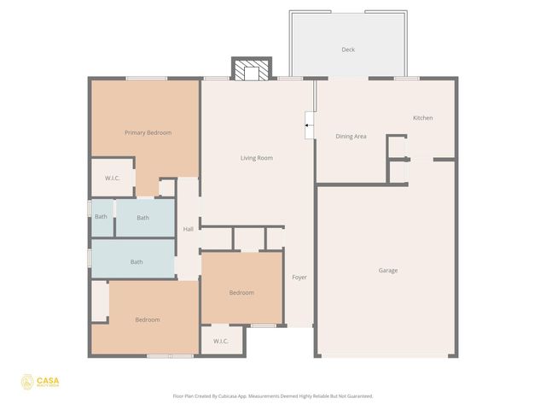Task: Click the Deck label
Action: coord(348,50)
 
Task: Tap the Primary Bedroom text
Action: coord(148,132)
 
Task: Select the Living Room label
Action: coord(256,158)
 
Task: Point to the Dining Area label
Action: coord(351,136)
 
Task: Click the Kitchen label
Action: coord(423,118)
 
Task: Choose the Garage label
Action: coord(388,271)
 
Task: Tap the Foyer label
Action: coord(299,278)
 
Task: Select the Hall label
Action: coord(189,229)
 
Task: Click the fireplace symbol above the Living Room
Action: coord(251,70)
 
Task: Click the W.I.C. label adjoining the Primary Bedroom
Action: coord(112,178)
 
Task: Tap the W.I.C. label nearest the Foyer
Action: coord(220,341)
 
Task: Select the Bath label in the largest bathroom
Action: coord(136,262)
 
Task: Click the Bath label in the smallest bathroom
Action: coord(101,217)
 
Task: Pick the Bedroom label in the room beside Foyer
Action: coord(241,293)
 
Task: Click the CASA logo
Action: coord(39,382)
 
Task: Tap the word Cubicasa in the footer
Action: coord(226,396)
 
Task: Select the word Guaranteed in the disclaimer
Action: coord(357,396)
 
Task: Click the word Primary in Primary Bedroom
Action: coord(136,132)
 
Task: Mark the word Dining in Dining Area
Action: coord(344,136)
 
